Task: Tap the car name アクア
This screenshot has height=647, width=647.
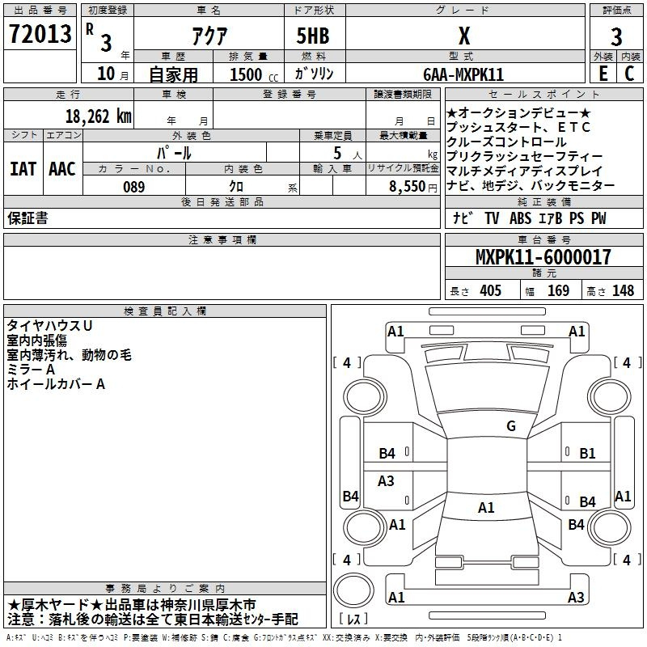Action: click(x=208, y=36)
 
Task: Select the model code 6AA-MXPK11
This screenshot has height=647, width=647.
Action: click(x=464, y=74)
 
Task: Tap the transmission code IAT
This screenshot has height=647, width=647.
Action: click(x=23, y=169)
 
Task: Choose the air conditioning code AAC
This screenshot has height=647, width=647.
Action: click(x=62, y=169)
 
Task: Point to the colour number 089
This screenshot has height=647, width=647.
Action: click(x=133, y=187)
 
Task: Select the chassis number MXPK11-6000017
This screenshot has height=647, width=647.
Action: click(x=543, y=258)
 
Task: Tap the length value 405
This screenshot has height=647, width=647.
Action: click(x=490, y=291)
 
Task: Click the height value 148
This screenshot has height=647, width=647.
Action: click(x=623, y=291)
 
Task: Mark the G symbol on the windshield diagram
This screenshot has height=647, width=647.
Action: click(x=510, y=426)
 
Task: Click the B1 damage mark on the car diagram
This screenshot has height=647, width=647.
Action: click(x=587, y=454)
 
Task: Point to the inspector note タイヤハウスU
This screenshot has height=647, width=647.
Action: click(x=49, y=325)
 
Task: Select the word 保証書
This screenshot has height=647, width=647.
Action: click(x=27, y=218)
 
